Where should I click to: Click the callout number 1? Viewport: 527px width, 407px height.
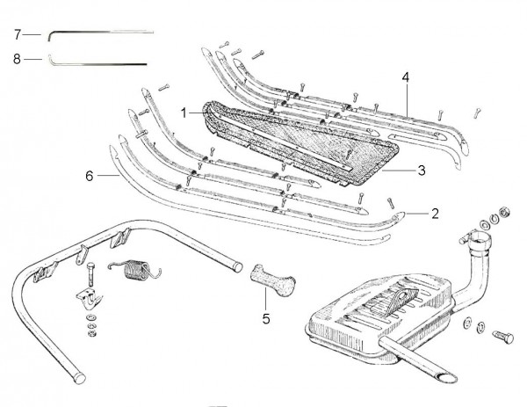tap(184, 113)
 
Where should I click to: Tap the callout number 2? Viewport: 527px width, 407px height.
tap(435, 212)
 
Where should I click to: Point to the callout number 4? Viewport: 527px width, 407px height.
tap(405, 77)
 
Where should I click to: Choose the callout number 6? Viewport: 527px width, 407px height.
tap(89, 176)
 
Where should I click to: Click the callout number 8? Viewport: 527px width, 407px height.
tap(17, 60)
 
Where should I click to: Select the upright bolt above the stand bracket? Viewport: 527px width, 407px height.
tap(90, 273)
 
